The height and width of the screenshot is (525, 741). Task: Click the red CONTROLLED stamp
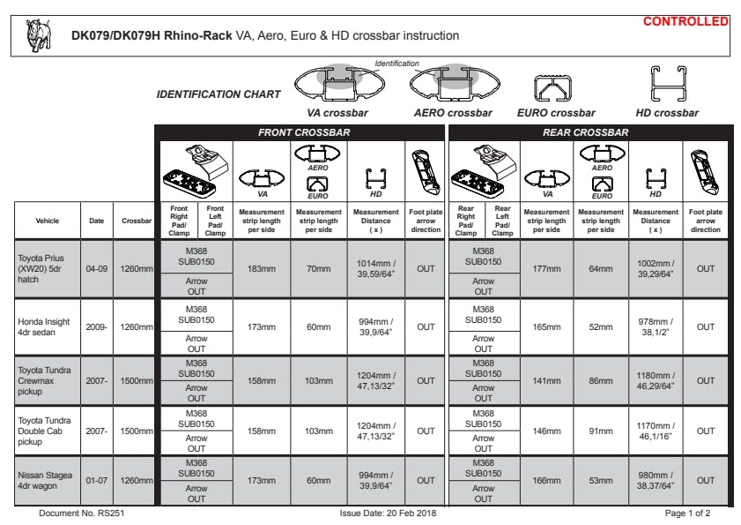[685, 21]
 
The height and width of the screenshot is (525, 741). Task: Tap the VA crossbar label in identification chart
[337, 113]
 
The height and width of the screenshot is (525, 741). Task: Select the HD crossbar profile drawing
[668, 85]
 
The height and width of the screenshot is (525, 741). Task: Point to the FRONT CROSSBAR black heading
[303, 132]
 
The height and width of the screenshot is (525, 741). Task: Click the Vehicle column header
[48, 221]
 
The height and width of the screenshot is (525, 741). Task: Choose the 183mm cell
[262, 268]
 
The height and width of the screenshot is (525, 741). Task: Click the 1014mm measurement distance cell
[376, 268]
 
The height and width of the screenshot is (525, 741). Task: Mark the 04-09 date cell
[96, 268]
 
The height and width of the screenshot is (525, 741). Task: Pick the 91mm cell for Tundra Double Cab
[601, 431]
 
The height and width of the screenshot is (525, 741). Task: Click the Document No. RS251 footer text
[81, 513]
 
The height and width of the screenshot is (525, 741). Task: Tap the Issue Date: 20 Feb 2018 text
[388, 513]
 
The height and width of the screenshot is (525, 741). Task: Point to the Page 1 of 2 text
[687, 513]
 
